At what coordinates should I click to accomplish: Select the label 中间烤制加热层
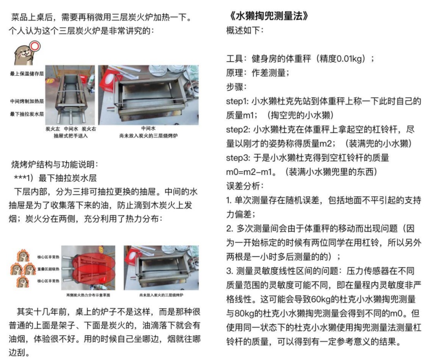[x=27, y=101]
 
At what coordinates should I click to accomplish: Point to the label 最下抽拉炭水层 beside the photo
[x=27, y=114]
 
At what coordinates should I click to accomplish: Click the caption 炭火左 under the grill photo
[x=52, y=128]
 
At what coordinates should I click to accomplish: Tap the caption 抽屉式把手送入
[x=70, y=135]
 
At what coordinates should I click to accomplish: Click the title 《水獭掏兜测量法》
[x=267, y=16]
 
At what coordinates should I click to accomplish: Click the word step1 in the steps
[x=238, y=101]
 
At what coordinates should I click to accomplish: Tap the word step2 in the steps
[x=238, y=129]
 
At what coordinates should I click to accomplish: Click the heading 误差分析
[x=245, y=186]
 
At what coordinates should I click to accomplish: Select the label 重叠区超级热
[x=48, y=269]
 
